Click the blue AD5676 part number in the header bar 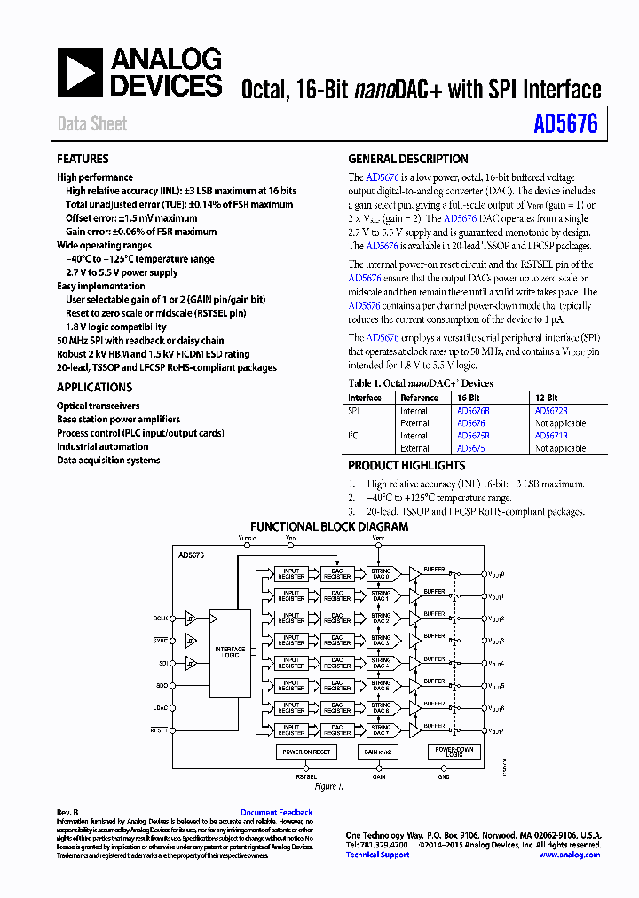coord(565,124)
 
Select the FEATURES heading coord(83,160)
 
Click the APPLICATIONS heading coord(94,388)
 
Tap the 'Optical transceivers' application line coord(99,406)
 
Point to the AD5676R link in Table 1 coord(473,411)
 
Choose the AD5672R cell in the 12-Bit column coord(551,411)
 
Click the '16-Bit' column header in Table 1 coord(468,398)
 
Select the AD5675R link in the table coord(473,436)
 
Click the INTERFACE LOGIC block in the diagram coord(230,652)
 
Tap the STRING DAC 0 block coord(381,573)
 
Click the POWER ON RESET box coord(305,752)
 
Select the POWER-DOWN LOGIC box coord(454,752)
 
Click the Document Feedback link coord(276,812)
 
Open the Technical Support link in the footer coord(377,855)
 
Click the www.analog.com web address coord(569,855)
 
